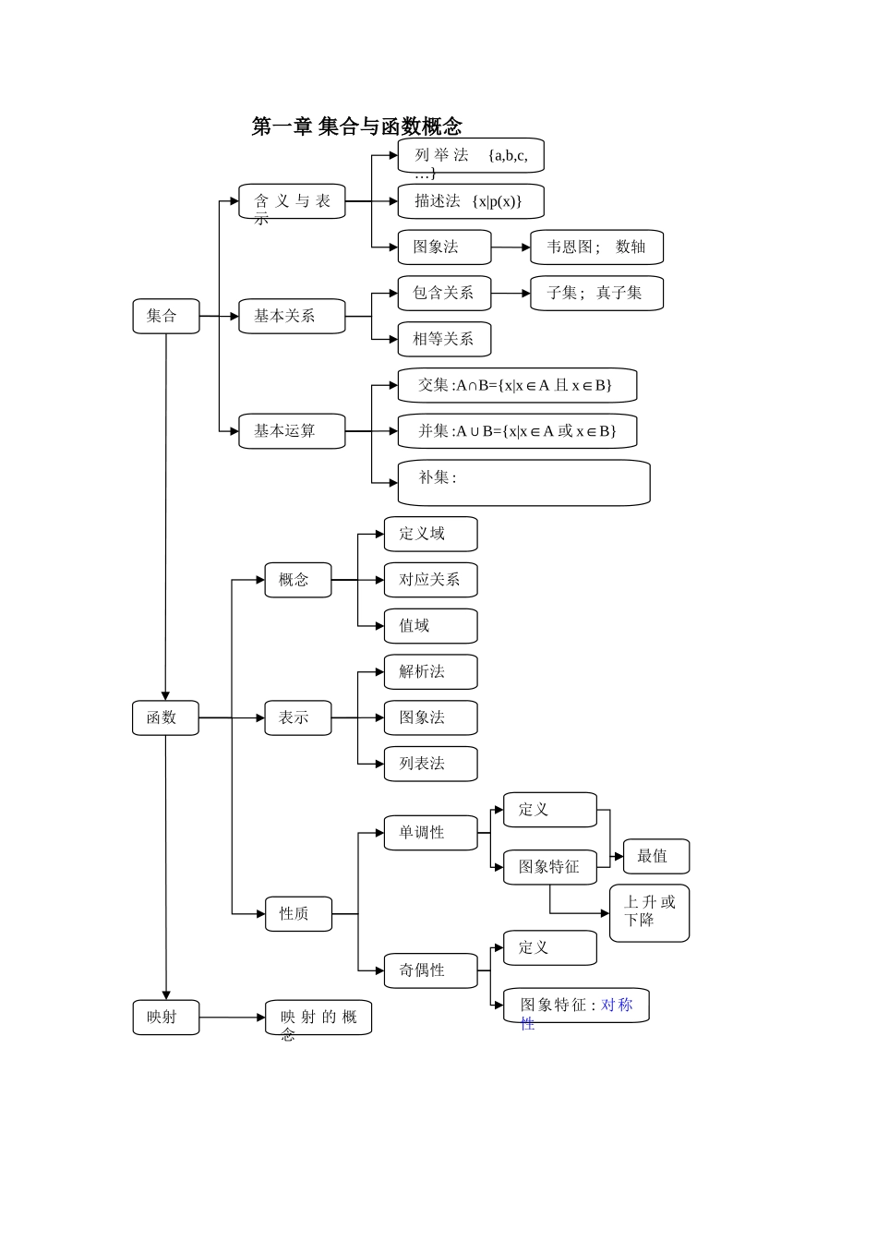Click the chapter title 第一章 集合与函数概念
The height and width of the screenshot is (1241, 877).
point(356,127)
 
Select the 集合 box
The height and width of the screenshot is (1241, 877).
point(166,316)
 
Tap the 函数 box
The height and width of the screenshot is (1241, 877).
point(165,717)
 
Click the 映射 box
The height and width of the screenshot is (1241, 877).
point(166,1018)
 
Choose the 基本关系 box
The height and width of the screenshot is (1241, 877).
point(292,316)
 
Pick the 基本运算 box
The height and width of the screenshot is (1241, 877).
point(292,431)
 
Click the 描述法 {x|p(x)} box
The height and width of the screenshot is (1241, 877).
point(471,201)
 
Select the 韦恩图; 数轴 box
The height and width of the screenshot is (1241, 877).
point(596,247)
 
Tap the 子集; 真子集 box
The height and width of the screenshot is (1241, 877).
point(596,294)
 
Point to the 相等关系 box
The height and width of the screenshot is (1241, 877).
point(444,339)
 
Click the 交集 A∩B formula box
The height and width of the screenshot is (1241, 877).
point(517,385)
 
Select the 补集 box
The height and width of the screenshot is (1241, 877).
point(523,482)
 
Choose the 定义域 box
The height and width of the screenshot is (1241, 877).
point(430,534)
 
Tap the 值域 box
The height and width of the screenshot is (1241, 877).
point(430,626)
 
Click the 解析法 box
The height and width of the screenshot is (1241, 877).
point(430,672)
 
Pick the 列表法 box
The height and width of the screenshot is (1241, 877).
point(430,764)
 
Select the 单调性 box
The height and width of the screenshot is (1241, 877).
point(430,833)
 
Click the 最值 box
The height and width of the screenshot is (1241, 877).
point(656,857)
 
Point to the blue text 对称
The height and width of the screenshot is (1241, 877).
point(617,1005)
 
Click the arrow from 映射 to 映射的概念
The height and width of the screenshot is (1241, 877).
point(233,1018)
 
